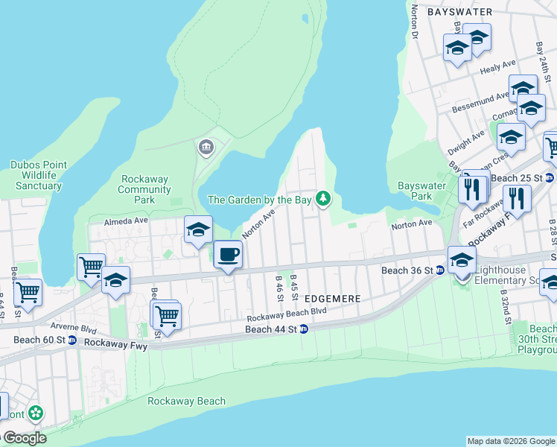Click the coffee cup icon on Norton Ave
tap(228, 255)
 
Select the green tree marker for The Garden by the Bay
tap(322, 199)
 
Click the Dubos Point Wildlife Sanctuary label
tap(38, 175)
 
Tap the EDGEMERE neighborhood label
tap(333, 298)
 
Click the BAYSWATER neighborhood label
tap(460, 12)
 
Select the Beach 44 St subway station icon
tap(304, 329)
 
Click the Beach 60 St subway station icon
tap(71, 340)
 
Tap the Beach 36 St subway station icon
tap(439, 270)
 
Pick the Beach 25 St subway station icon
tap(549, 178)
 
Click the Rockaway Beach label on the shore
tap(186, 401)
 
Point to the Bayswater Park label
tap(421, 191)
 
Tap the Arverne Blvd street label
tap(74, 326)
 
